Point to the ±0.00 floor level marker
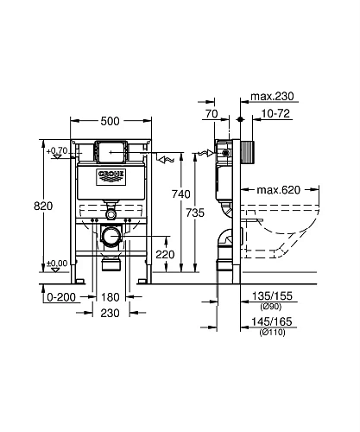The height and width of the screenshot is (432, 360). click(x=57, y=263)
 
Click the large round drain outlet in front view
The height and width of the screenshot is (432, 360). click(x=111, y=235)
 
